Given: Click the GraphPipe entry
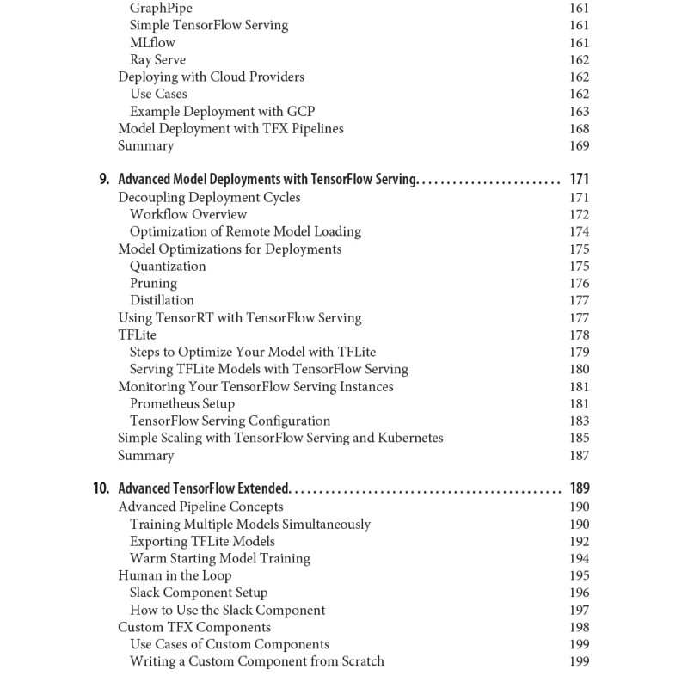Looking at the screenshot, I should pyautogui.click(x=161, y=9).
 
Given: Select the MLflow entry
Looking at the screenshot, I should pyautogui.click(x=154, y=43).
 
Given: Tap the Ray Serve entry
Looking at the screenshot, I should pyautogui.click(x=157, y=60).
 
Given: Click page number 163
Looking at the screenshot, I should pyautogui.click(x=579, y=112).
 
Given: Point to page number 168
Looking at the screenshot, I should pyautogui.click(x=579, y=129).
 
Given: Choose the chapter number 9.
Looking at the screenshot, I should pyautogui.click(x=104, y=181).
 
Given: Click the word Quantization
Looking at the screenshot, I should pyautogui.click(x=168, y=267).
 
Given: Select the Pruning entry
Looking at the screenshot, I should pyautogui.click(x=153, y=284).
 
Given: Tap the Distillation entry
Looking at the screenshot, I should pyautogui.click(x=162, y=301).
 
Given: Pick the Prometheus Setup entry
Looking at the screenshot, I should pyautogui.click(x=182, y=404).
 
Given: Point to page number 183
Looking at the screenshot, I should pyautogui.click(x=579, y=421).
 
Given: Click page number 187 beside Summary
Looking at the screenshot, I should pyautogui.click(x=579, y=456).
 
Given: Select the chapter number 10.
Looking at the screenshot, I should pyautogui.click(x=101, y=489).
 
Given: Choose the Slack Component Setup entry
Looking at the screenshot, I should pyautogui.click(x=199, y=593).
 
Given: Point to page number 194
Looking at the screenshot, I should pyautogui.click(x=579, y=559).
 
